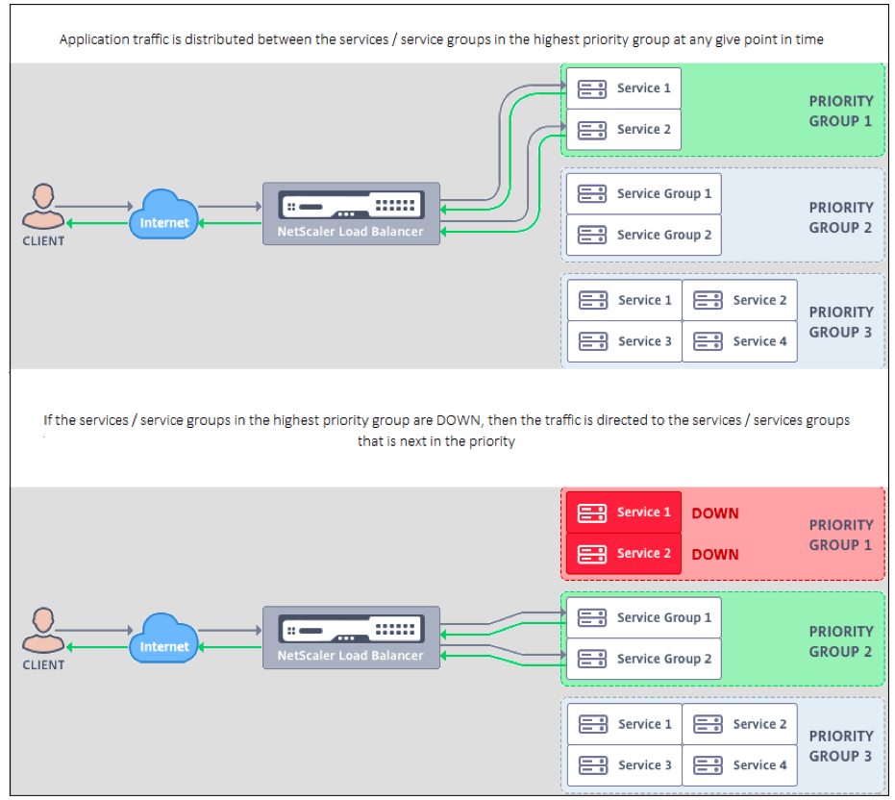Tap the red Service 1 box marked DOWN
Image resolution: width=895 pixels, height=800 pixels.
(x=623, y=512)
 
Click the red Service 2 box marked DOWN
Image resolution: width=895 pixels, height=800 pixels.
(x=623, y=554)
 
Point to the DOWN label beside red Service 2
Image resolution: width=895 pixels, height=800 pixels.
(x=715, y=554)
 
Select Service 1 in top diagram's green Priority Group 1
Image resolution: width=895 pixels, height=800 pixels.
(x=623, y=88)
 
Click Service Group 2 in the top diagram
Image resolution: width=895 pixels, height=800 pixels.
(x=643, y=235)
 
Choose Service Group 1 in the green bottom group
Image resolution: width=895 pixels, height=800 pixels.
(x=643, y=618)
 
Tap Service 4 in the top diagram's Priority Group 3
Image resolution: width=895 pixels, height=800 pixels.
(x=739, y=341)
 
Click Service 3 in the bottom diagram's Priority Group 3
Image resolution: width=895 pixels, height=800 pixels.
(x=624, y=765)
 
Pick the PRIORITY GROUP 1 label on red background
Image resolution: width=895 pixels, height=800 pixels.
(x=840, y=535)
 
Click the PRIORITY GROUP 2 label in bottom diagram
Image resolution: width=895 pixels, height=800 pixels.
(x=840, y=641)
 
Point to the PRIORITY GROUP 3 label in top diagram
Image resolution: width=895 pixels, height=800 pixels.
(x=840, y=322)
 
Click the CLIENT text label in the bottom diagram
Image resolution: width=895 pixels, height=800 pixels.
(x=43, y=664)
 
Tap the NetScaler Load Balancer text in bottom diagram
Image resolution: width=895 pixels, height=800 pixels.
(x=350, y=656)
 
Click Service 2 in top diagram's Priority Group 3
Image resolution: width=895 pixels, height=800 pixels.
(x=739, y=300)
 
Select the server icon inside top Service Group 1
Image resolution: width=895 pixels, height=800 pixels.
(x=592, y=193)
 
